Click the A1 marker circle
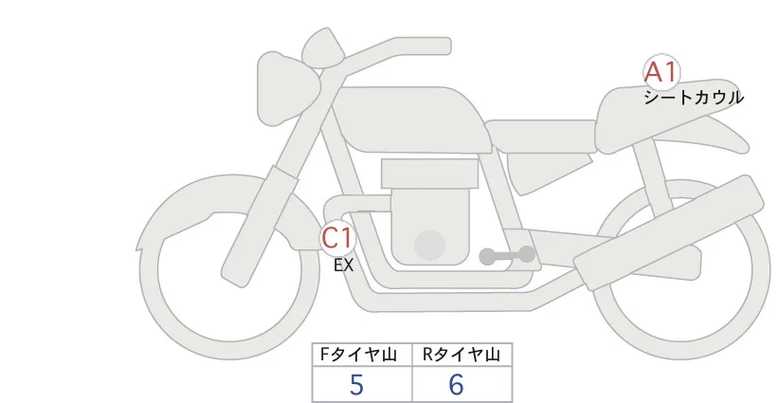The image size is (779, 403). click(661, 72)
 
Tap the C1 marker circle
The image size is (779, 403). click(337, 237)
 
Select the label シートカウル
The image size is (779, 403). click(693, 97)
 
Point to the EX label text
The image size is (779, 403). click(343, 266)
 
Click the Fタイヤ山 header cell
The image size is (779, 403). click(361, 355)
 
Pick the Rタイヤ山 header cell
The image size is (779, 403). click(461, 355)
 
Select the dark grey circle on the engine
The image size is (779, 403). click(431, 245)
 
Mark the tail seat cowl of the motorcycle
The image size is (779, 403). click(663, 123)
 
